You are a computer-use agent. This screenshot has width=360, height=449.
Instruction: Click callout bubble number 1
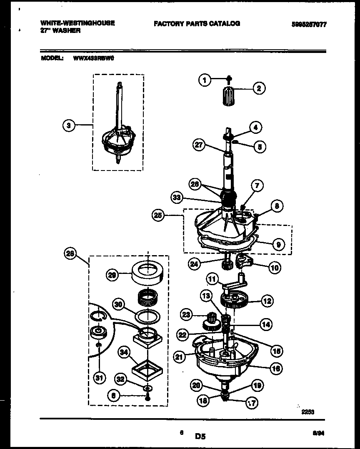pos(205,80)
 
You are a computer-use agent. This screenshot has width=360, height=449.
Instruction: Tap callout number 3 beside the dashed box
pos(69,125)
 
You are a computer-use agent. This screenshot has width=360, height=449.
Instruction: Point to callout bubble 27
pos(200,145)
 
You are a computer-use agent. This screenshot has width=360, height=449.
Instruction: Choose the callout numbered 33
pos(177,198)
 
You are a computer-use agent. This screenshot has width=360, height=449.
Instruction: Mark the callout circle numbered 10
pos(274,268)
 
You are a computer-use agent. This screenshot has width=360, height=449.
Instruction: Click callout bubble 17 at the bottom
pos(252,403)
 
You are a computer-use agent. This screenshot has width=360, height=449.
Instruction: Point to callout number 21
pos(180,356)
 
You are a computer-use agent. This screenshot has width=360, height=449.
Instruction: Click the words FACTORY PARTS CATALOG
pos(197,24)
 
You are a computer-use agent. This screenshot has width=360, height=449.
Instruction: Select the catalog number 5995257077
pos(309,25)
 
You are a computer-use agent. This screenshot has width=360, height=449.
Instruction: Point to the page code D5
pos(200,437)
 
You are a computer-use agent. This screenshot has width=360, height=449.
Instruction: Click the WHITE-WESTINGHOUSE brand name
pos(77,23)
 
